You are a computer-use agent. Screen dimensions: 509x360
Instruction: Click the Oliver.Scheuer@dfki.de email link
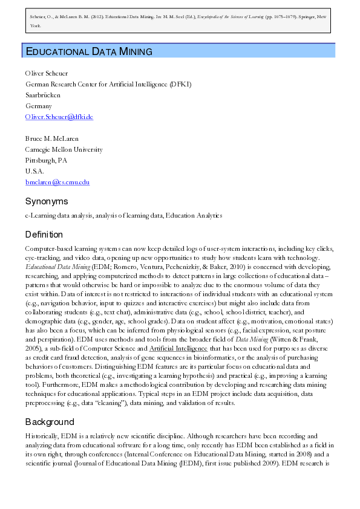(x=59, y=117)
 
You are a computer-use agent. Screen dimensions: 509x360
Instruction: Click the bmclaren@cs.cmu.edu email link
(x=57, y=181)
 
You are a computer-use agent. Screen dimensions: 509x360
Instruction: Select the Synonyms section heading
(x=46, y=201)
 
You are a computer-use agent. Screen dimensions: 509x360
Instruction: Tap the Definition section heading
(x=44, y=235)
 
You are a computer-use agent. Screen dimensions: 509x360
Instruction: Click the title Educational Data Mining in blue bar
(x=88, y=51)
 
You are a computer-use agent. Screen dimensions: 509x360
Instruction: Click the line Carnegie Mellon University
(x=64, y=149)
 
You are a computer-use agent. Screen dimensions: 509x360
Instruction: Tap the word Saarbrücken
(x=42, y=95)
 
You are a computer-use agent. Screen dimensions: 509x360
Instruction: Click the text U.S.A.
(x=34, y=171)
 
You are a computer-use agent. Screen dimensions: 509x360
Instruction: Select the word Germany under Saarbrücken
(x=38, y=106)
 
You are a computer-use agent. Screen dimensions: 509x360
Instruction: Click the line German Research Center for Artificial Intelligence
(x=108, y=84)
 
